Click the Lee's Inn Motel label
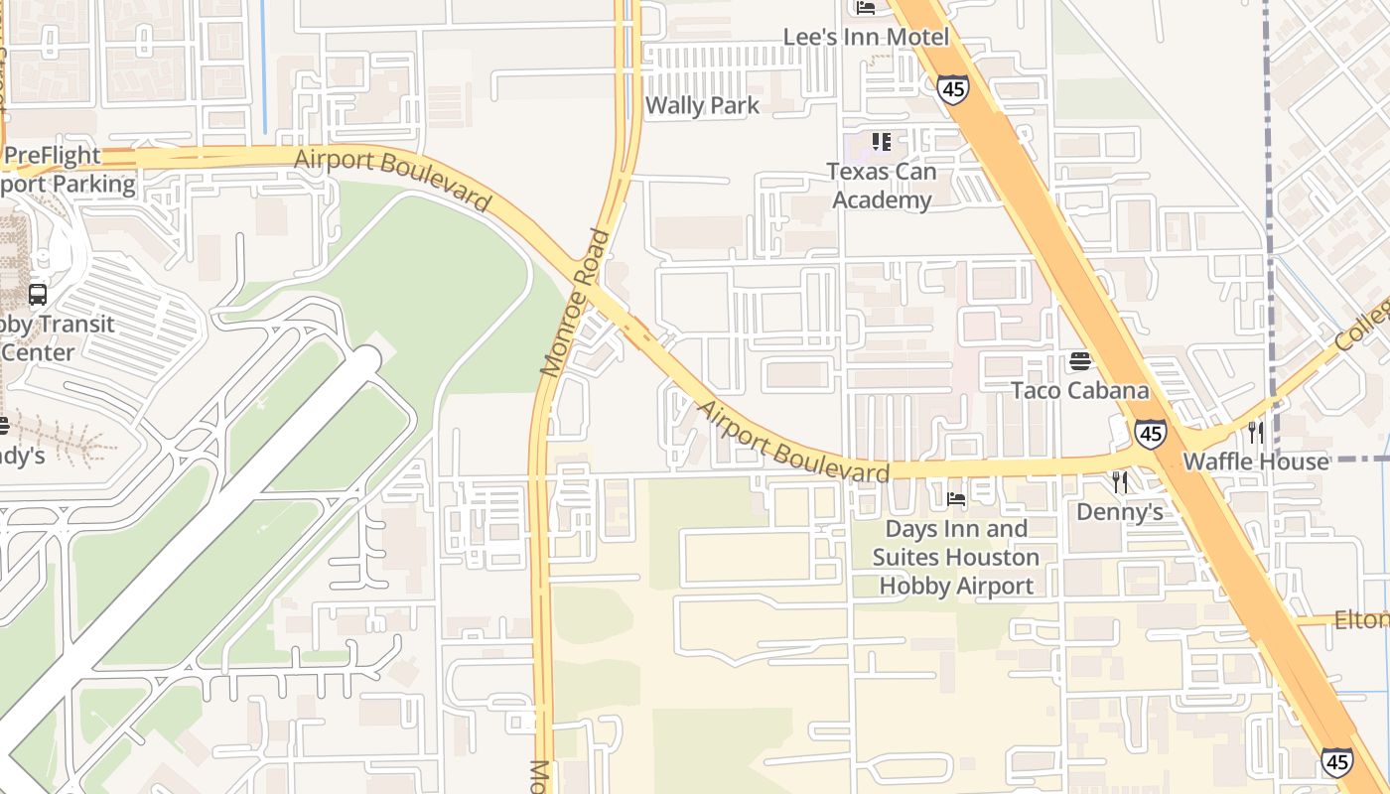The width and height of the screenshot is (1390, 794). tap(866, 37)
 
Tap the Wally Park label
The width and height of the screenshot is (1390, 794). tap(702, 105)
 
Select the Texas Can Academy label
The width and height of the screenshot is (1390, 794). tap(882, 186)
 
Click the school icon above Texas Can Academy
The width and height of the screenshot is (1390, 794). tap(881, 142)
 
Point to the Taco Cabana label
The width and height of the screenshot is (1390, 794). tap(1079, 390)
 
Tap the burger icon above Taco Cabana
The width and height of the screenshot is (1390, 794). tap(1080, 360)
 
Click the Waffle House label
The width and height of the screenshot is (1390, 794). tap(1255, 462)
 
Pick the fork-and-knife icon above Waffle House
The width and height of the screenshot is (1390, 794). tap(1256, 432)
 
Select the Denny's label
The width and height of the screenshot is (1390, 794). tap(1120, 512)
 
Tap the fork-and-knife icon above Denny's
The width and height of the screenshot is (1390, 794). tap(1120, 482)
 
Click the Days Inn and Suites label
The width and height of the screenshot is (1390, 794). tap(956, 557)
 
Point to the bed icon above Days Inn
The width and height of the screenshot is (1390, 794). tap(956, 498)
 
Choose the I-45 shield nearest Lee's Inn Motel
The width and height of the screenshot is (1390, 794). tap(952, 88)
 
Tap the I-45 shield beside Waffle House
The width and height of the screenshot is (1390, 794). tap(1151, 434)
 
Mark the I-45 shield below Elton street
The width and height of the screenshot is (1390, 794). tap(1336, 761)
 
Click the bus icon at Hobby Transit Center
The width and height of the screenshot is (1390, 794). tap(38, 295)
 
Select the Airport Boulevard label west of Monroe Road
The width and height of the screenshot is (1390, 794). tap(392, 180)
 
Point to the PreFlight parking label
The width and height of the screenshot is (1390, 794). tap(60, 170)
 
